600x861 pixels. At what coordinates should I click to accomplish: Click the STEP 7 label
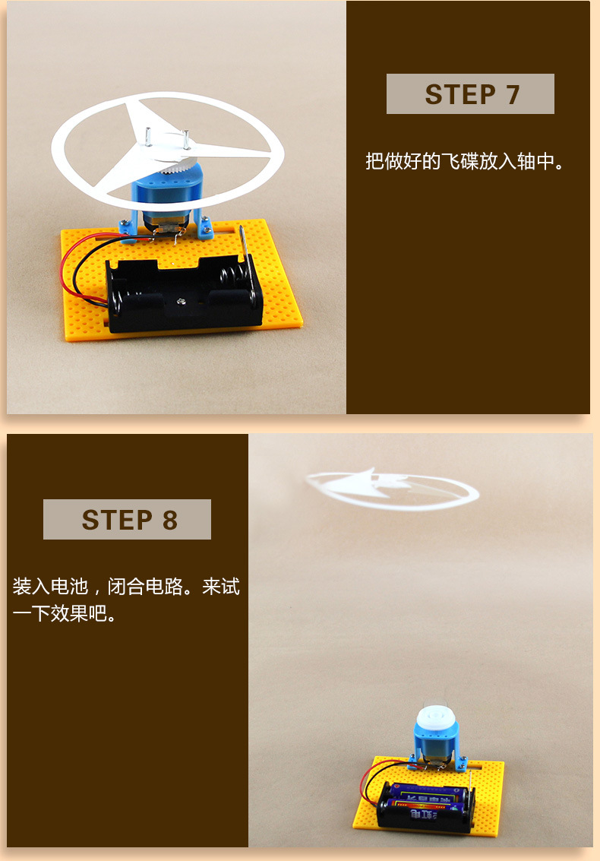tap(471, 94)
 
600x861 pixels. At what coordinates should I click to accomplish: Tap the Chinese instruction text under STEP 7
tap(465, 161)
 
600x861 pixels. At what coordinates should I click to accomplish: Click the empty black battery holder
tap(184, 294)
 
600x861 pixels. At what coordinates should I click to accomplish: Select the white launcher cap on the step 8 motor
tap(434, 722)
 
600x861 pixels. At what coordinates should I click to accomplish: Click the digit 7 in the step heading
tap(513, 94)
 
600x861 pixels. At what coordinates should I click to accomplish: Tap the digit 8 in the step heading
tap(169, 520)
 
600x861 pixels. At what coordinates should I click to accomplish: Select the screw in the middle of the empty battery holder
tap(181, 300)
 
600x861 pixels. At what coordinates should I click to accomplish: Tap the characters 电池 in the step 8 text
tap(70, 587)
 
